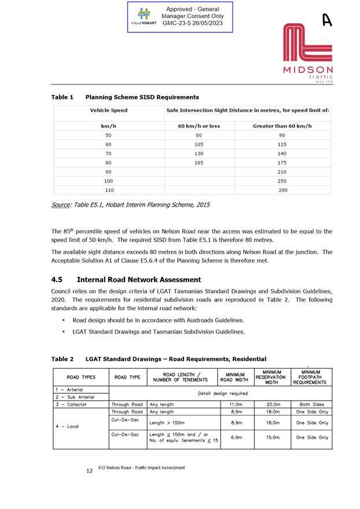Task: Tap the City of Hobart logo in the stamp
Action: (144, 18)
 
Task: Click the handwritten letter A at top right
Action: (327, 20)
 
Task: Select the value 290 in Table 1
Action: (282, 190)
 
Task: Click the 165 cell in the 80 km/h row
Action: (199, 163)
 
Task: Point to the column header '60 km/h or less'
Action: (199, 126)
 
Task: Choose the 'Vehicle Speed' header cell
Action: (108, 110)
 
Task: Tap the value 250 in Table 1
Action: (282, 181)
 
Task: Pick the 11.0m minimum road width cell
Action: (236, 404)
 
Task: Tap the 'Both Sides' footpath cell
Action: (312, 404)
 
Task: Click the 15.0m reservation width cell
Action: (272, 438)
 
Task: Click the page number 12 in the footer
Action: (89, 471)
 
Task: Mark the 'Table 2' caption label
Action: (63, 359)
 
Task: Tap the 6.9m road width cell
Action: (236, 438)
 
